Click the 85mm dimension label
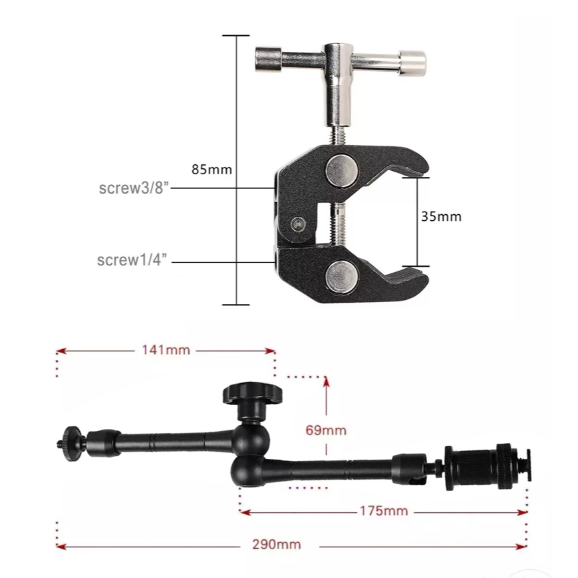(212, 170)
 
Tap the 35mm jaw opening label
(441, 216)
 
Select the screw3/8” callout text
(134, 188)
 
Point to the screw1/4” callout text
(132, 260)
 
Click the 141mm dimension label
(166, 350)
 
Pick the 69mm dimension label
(326, 430)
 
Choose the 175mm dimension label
(384, 511)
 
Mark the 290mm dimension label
(277, 545)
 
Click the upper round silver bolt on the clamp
(341, 171)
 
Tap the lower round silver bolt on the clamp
(341, 277)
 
